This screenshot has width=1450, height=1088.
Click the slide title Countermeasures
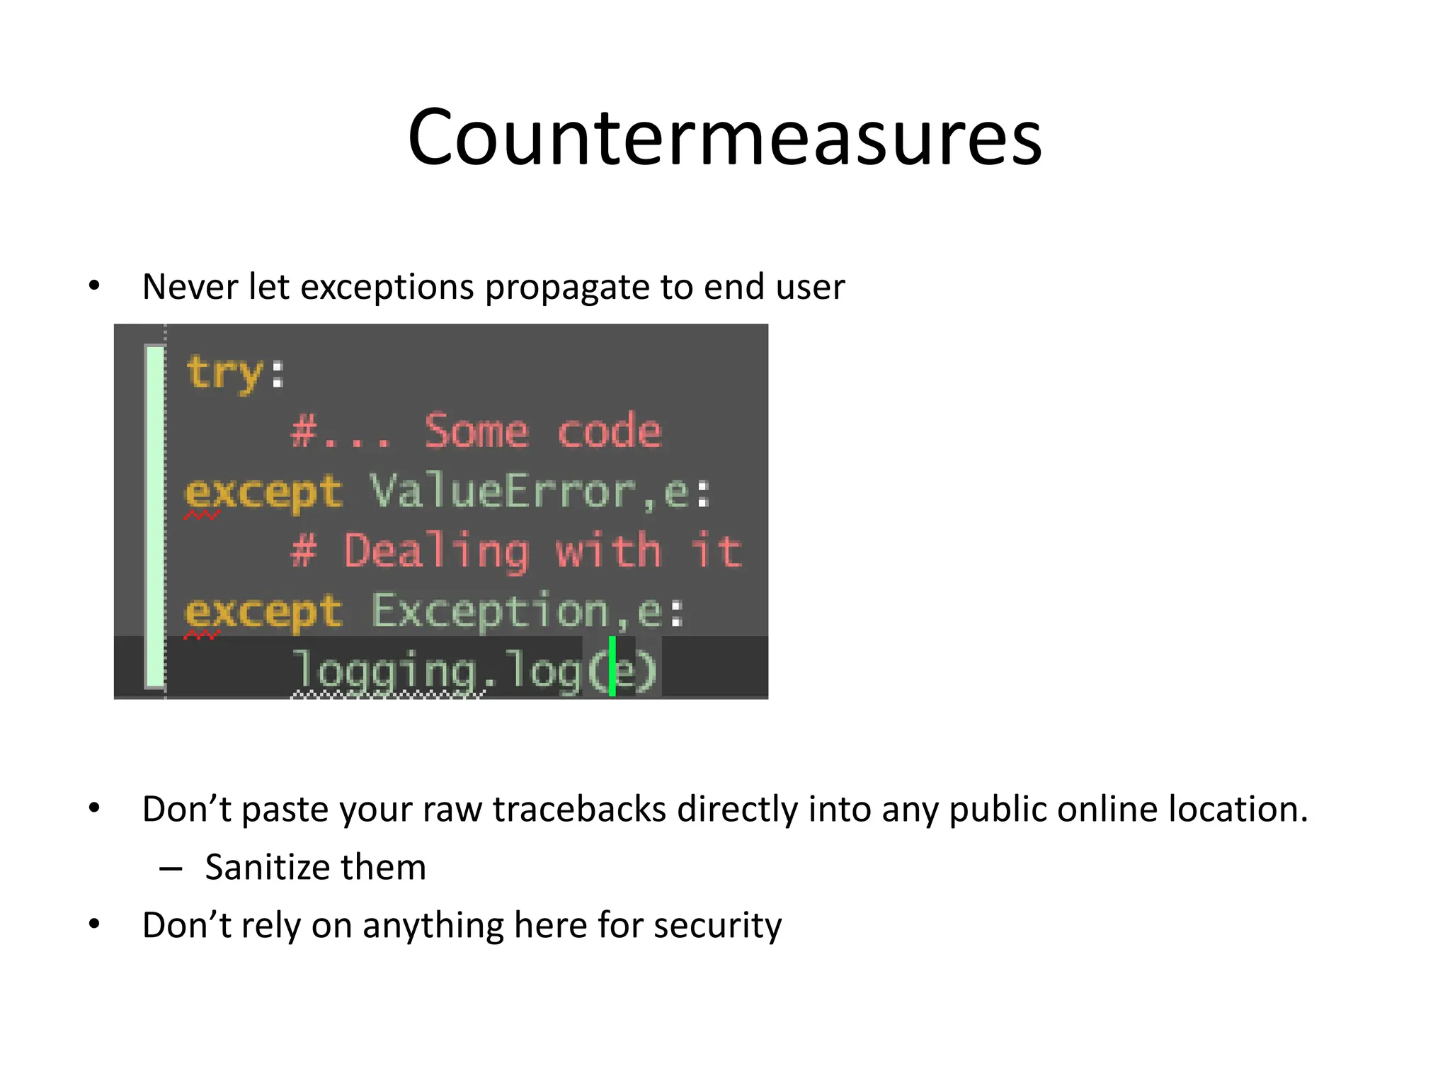[x=724, y=137]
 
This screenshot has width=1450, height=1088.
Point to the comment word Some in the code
[x=476, y=431]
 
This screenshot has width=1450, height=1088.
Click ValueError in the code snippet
[x=503, y=491]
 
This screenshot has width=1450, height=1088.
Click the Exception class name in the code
[x=491, y=611]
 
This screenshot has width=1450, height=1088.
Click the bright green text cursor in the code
[x=612, y=667]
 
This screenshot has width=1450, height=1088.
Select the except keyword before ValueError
[x=263, y=492]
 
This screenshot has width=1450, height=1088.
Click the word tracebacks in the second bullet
[x=579, y=810]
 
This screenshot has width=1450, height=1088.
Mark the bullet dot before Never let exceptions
[x=94, y=286]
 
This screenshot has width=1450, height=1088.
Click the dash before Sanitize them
[x=171, y=868]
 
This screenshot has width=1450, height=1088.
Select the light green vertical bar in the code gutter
[x=154, y=516]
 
